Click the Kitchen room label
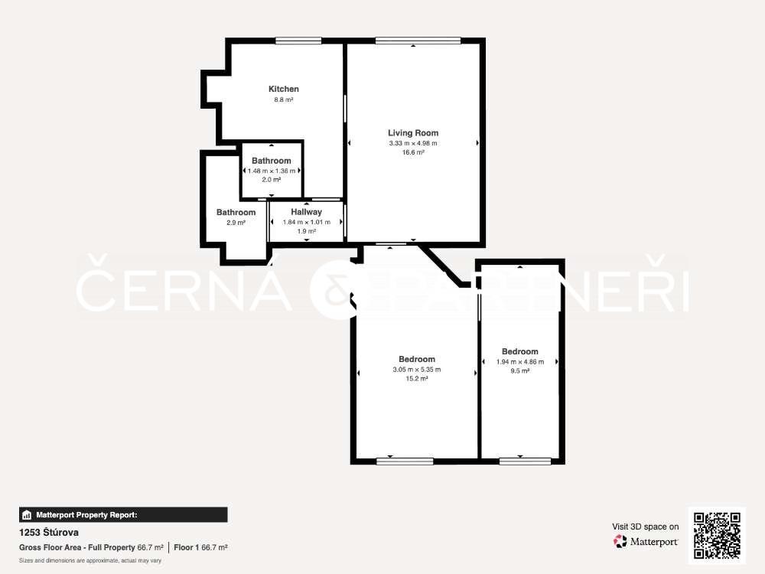(284, 89)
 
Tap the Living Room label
(413, 132)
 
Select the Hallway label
(307, 212)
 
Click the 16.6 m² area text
(413, 152)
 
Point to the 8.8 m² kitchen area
(284, 99)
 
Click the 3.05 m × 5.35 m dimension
(417, 370)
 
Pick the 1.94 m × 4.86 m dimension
(520, 362)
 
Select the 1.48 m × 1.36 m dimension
(272, 171)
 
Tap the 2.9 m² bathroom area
(236, 223)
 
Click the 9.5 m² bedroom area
(520, 371)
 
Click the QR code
(718, 536)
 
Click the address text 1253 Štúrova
(49, 533)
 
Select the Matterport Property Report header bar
(123, 515)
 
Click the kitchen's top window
(298, 41)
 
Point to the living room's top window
(418, 41)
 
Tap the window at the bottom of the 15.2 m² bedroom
(405, 461)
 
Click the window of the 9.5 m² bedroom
(526, 461)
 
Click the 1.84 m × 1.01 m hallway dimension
(307, 222)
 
